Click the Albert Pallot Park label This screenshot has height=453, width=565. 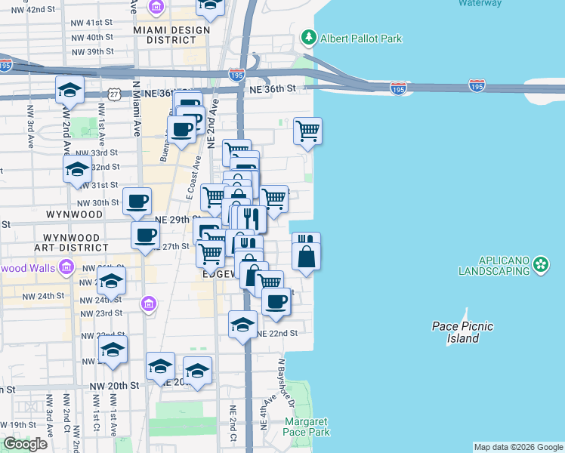pyautogui.click(x=361, y=39)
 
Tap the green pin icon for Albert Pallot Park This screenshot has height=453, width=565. pyautogui.click(x=308, y=37)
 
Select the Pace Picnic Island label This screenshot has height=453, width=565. pyautogui.click(x=462, y=332)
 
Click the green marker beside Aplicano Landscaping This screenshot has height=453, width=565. pyautogui.click(x=540, y=264)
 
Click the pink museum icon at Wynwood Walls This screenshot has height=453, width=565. pyautogui.click(x=67, y=267)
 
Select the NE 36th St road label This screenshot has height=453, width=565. pyautogui.click(x=279, y=89)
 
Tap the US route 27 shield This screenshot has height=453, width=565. pyautogui.click(x=114, y=92)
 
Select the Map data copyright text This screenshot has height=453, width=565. pyautogui.click(x=518, y=448)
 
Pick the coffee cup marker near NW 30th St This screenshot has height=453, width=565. pyautogui.click(x=137, y=201)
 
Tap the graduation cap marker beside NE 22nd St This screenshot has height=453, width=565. pyautogui.click(x=242, y=325)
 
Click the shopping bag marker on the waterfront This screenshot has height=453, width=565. pyautogui.click(x=306, y=257)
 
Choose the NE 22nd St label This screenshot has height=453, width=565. pyautogui.click(x=277, y=333)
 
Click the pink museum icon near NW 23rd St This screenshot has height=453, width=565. pyautogui.click(x=149, y=304)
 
